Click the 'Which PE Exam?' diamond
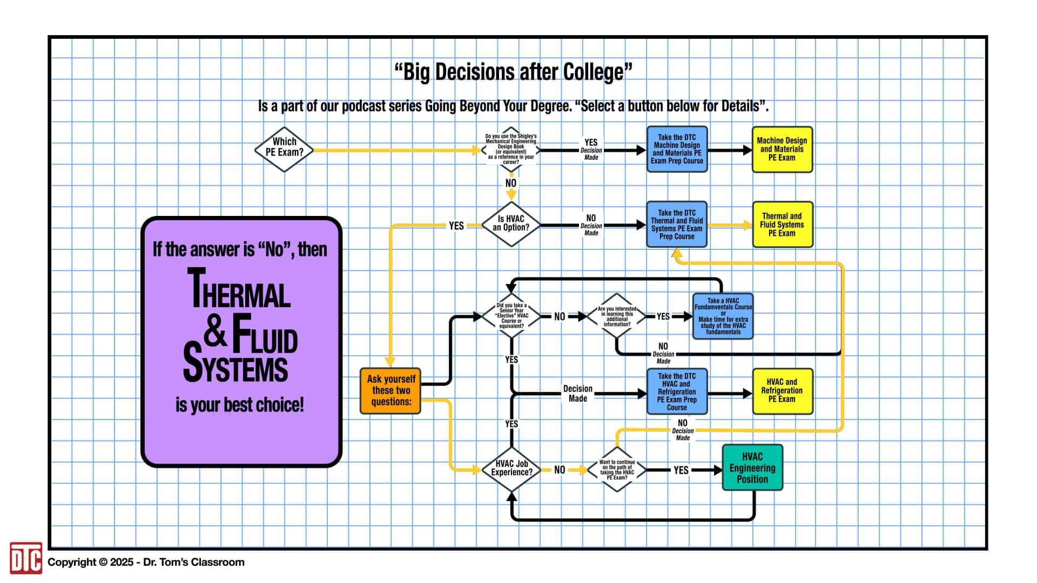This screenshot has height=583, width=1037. pos(284,150)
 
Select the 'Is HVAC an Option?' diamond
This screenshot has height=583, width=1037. pos(510,224)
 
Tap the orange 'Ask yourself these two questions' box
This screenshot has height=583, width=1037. pos(390,391)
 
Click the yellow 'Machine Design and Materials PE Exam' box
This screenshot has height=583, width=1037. pos(782,150)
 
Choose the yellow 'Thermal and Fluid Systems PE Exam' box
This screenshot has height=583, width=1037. pos(782,225)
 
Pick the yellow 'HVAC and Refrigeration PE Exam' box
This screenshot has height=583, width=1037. pos(782,391)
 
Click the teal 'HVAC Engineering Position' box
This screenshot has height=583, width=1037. pos(752,467)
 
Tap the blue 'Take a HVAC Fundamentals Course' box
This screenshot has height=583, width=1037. pos(723,316)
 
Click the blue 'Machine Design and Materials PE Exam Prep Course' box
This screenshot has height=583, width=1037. pos(677,150)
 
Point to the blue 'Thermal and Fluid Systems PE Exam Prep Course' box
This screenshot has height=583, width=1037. pos(677,225)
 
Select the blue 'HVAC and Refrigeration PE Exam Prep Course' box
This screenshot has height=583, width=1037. pos(677,391)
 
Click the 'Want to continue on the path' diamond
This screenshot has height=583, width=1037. pos(617,470)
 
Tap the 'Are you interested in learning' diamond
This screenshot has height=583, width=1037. pos(617,316)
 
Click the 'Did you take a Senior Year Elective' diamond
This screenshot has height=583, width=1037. pos(511,316)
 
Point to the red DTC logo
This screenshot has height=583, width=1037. pos(25,558)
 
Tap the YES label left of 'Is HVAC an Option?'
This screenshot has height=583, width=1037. pos(456,226)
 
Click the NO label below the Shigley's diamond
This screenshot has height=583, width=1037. pos(511,183)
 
